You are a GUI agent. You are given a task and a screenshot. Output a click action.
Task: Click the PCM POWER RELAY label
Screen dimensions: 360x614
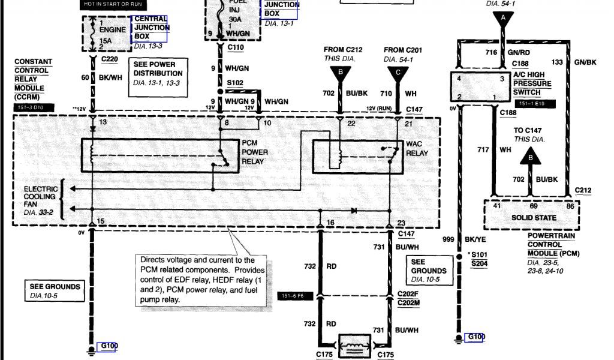click(255, 152)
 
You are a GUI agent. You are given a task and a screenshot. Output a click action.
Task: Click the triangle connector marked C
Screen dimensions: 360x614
click(398, 73)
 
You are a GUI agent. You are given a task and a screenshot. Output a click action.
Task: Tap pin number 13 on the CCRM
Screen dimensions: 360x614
click(103, 122)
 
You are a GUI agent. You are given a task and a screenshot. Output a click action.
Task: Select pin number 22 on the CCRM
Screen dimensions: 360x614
click(351, 123)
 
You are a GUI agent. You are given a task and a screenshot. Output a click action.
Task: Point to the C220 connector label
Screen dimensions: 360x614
click(110, 61)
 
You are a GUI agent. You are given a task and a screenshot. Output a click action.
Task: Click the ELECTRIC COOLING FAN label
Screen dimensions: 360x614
click(40, 196)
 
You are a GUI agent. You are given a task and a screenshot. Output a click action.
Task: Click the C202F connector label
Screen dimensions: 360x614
click(408, 295)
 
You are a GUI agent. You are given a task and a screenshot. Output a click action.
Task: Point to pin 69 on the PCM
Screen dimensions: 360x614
click(530, 206)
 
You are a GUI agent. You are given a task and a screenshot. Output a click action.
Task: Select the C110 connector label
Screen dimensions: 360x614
click(235, 46)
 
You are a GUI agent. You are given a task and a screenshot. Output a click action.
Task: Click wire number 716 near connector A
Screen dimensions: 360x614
click(492, 53)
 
